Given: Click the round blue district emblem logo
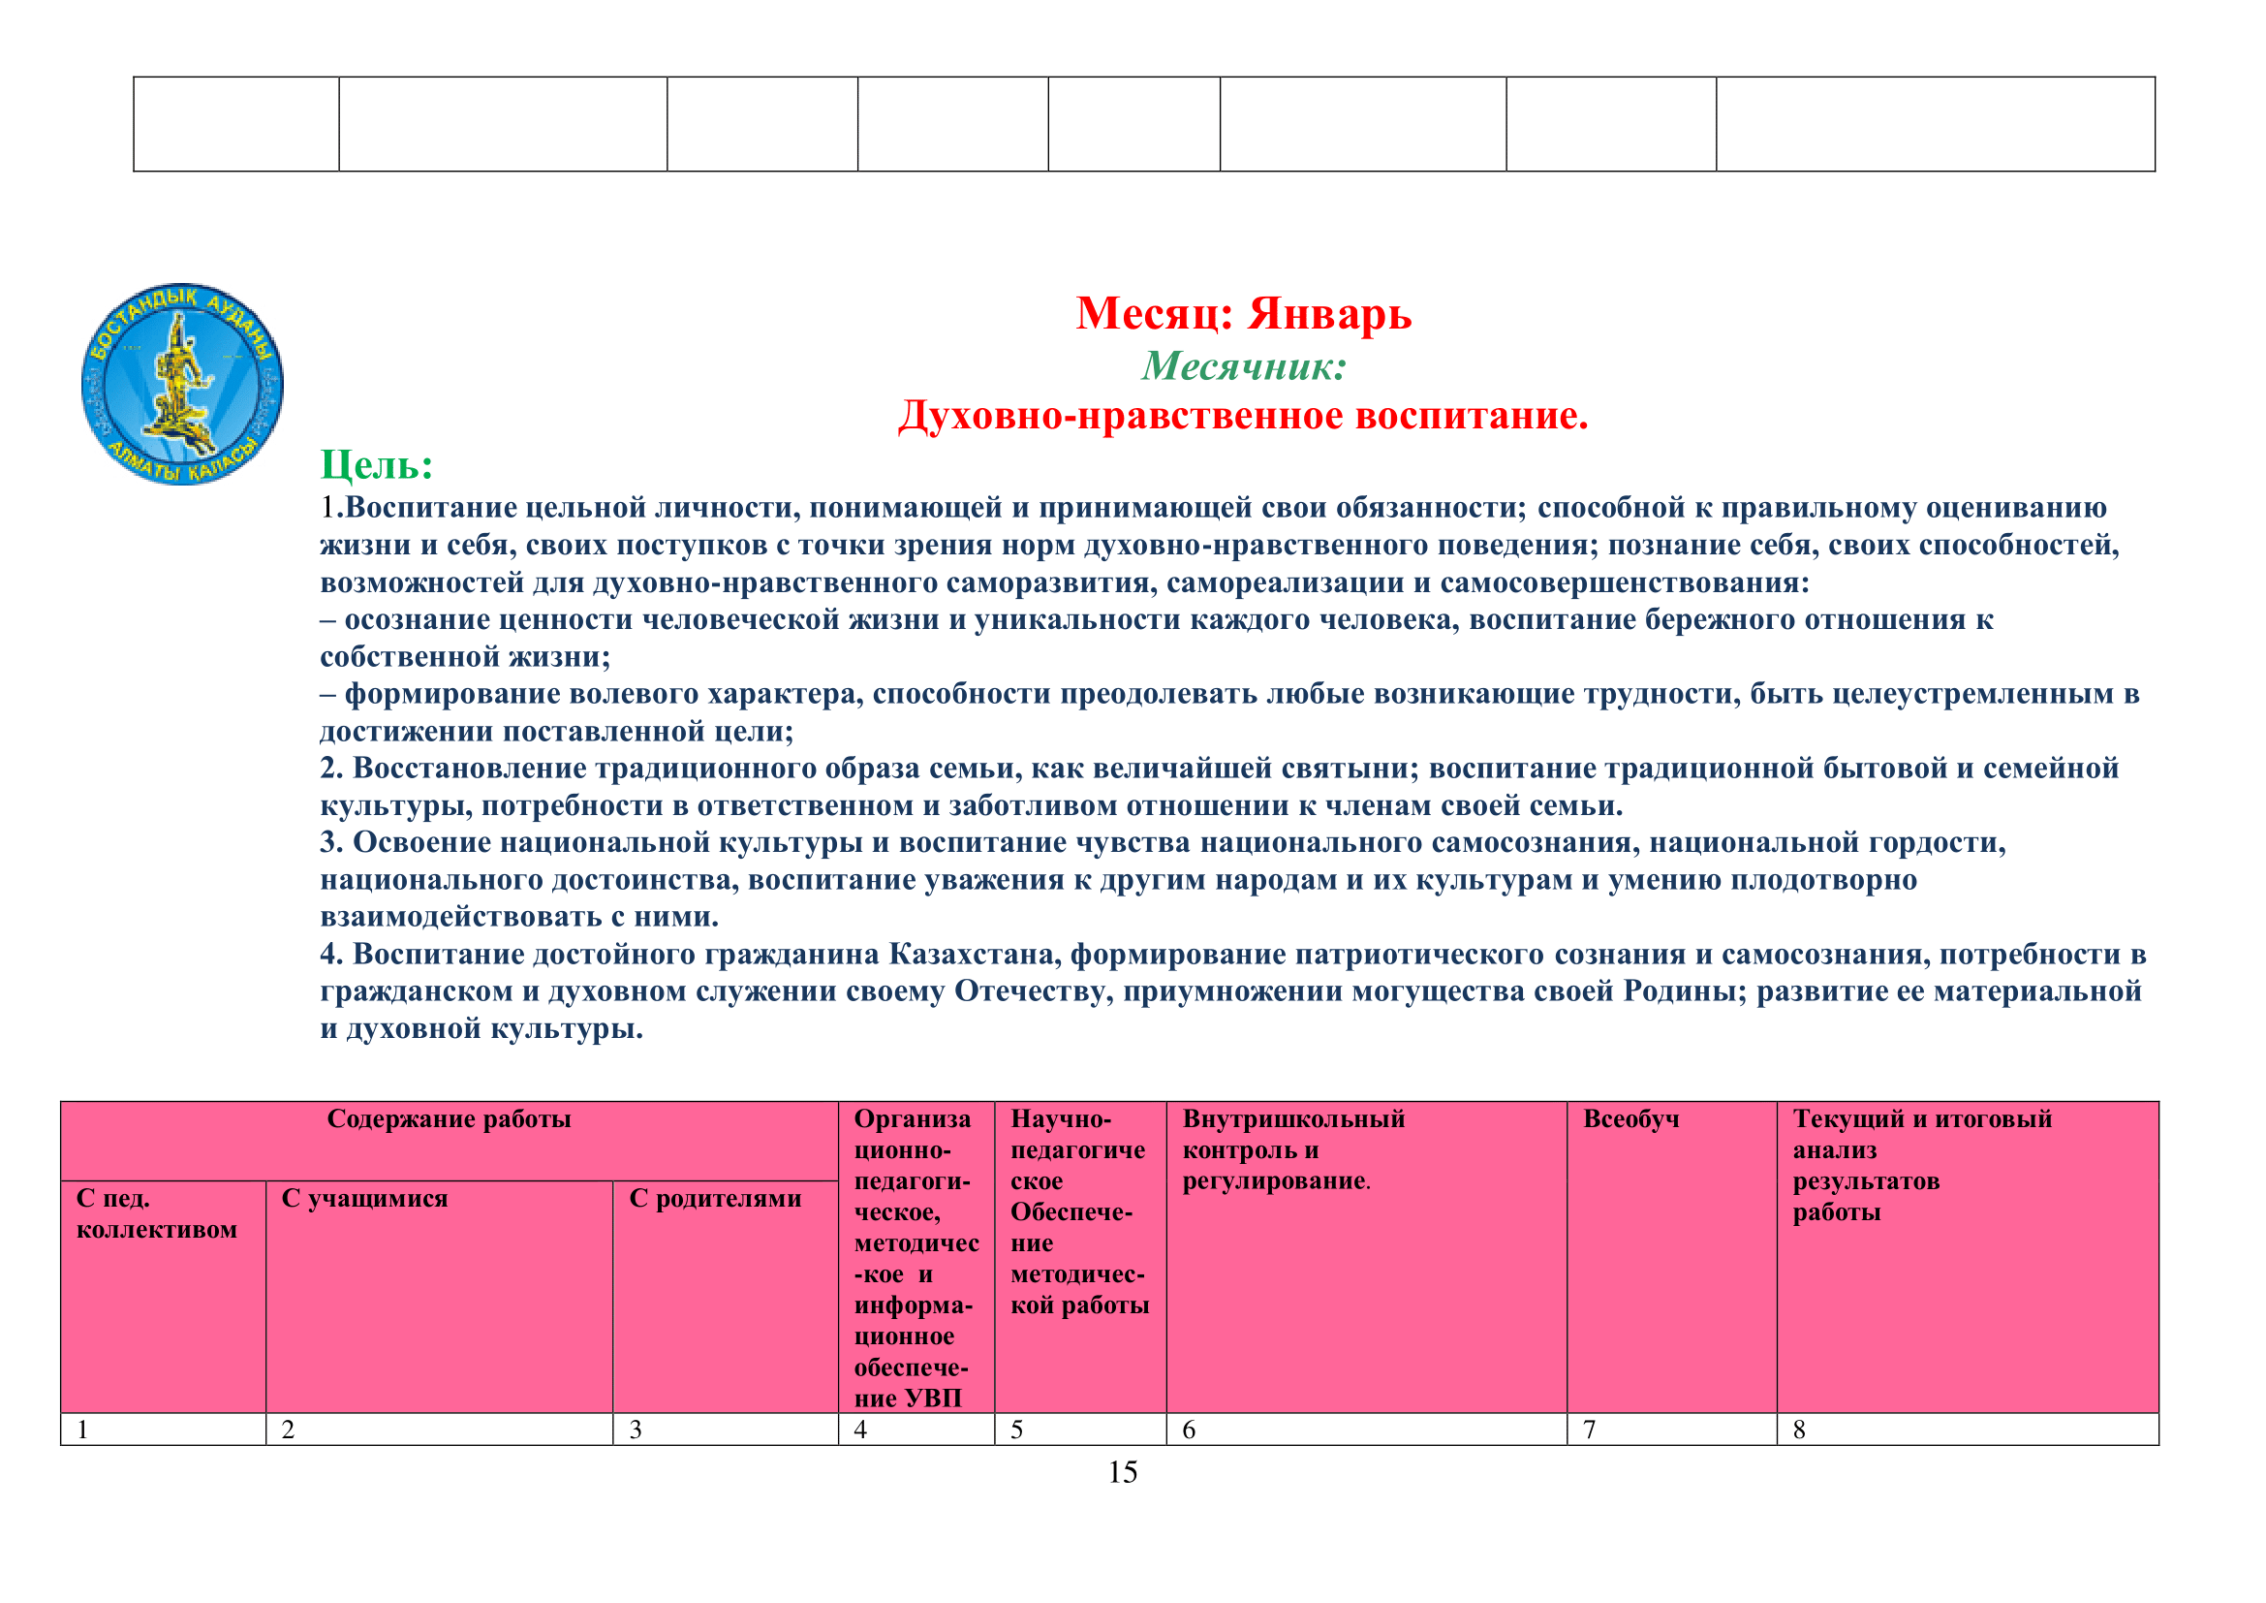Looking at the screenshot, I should (182, 383).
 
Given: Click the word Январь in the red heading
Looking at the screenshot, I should (1329, 314).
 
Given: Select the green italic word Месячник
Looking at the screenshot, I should (1244, 367).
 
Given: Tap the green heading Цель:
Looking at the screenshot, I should (377, 465).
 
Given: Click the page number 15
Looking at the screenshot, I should (1122, 1473).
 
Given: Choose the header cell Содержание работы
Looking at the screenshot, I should (450, 1119).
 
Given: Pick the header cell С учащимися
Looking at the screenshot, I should (364, 1198).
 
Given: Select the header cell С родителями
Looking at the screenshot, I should (715, 1198).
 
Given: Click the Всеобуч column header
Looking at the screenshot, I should (1630, 1119).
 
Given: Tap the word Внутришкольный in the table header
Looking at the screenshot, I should (1293, 1119).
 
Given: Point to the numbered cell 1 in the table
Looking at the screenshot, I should (84, 1430).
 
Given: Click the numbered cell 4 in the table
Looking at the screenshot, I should (860, 1430).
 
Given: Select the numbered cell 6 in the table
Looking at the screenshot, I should (1189, 1430).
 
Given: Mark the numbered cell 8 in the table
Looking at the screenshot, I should (1799, 1430).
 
